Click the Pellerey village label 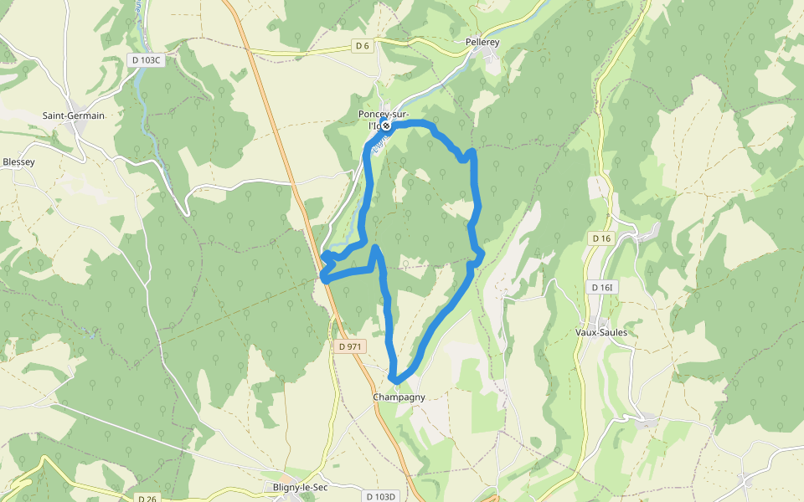pyautogui.click(x=482, y=41)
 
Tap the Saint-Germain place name pyautogui.click(x=74, y=115)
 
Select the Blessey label pyautogui.click(x=18, y=161)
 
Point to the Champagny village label pyautogui.click(x=399, y=397)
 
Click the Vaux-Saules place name pyautogui.click(x=601, y=332)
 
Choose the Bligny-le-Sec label pyautogui.click(x=292, y=487)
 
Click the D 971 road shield pyautogui.click(x=350, y=346)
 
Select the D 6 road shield pyautogui.click(x=362, y=46)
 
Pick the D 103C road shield pyautogui.click(x=145, y=59)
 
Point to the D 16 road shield pyautogui.click(x=601, y=238)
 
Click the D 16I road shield pyautogui.click(x=602, y=288)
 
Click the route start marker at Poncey pyautogui.click(x=387, y=126)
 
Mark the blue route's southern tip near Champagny pyautogui.click(x=395, y=381)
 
